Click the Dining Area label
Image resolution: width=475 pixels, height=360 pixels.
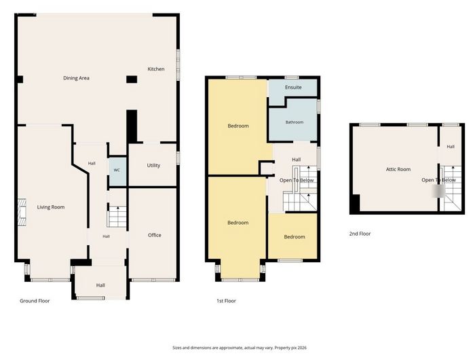pos(76,78)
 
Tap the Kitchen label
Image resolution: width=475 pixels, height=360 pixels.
pos(156,69)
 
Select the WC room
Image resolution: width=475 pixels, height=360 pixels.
pos(117,171)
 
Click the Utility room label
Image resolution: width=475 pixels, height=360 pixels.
pos(153,165)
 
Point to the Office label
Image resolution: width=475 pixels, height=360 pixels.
pos(155,235)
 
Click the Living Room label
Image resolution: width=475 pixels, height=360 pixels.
pos(51,207)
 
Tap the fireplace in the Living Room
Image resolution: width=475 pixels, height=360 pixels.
pos(22,213)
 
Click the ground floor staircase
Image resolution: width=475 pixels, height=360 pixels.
pos(117,217)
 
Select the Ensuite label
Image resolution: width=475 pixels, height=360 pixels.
pos(293,88)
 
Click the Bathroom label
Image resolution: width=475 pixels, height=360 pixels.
pos(294,122)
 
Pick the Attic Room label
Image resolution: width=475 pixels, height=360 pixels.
pos(398,169)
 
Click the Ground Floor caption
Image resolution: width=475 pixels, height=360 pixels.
pos(35,301)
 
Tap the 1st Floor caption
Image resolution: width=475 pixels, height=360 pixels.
pos(226,301)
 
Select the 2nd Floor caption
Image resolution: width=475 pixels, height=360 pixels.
pos(360,234)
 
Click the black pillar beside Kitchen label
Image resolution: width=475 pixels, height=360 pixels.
pos(132,79)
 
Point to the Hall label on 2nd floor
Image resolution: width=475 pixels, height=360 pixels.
pos(451,147)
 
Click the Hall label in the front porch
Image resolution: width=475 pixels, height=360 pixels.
pos(100,285)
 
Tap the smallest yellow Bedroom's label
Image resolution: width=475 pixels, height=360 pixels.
pos(294,237)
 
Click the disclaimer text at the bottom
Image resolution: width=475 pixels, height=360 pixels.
pos(240,348)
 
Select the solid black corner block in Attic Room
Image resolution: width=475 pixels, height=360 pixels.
pos(355,203)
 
